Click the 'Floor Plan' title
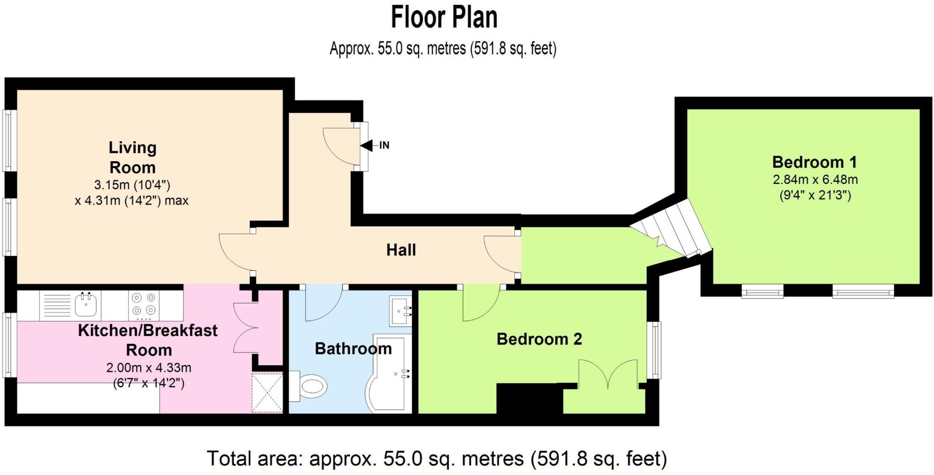click(444, 17)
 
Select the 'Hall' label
click(401, 250)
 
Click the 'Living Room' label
click(132, 157)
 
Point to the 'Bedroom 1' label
click(815, 162)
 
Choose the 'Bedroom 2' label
click(539, 339)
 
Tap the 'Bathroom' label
click(353, 348)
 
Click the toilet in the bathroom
click(308, 386)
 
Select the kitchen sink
click(86, 305)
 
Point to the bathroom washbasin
click(400, 311)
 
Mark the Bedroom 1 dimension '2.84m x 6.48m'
click(815, 179)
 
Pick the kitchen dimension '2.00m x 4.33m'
click(149, 368)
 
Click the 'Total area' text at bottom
click(437, 459)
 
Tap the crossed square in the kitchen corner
click(267, 393)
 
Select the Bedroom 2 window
click(656, 350)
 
